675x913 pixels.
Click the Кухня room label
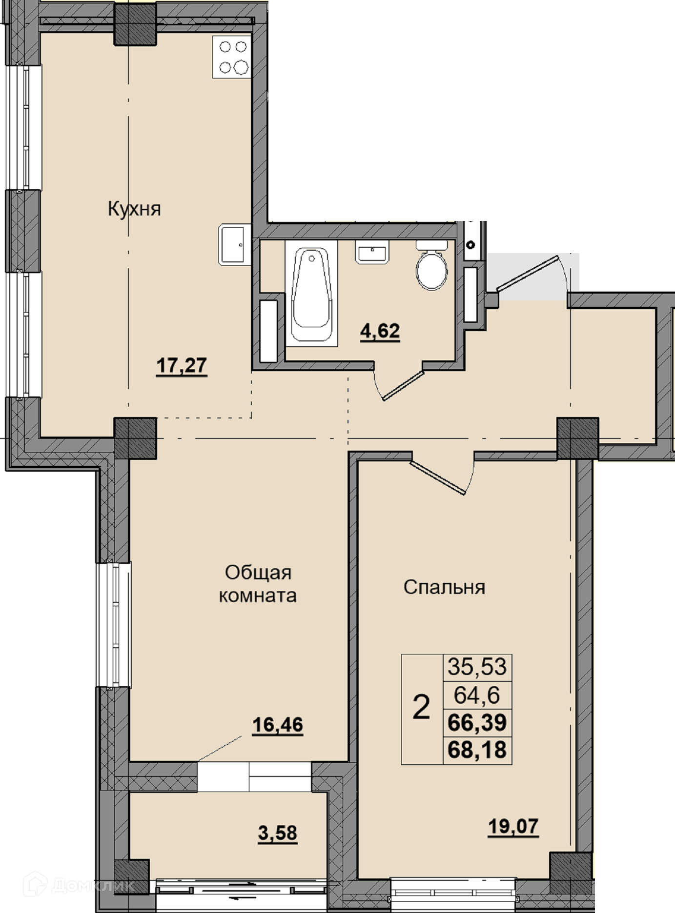click(134, 209)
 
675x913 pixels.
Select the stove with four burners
click(232, 57)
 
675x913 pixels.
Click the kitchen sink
click(234, 244)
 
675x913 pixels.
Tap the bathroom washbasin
click(372, 252)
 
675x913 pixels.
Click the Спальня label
click(444, 588)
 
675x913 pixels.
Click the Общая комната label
click(258, 584)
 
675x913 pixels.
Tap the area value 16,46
click(277, 725)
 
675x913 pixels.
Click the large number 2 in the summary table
click(421, 707)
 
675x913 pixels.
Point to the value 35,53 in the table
click(477, 666)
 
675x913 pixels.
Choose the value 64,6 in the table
click(477, 694)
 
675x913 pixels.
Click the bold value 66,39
click(477, 722)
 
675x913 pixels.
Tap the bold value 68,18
click(477, 749)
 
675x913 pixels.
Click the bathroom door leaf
click(402, 386)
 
